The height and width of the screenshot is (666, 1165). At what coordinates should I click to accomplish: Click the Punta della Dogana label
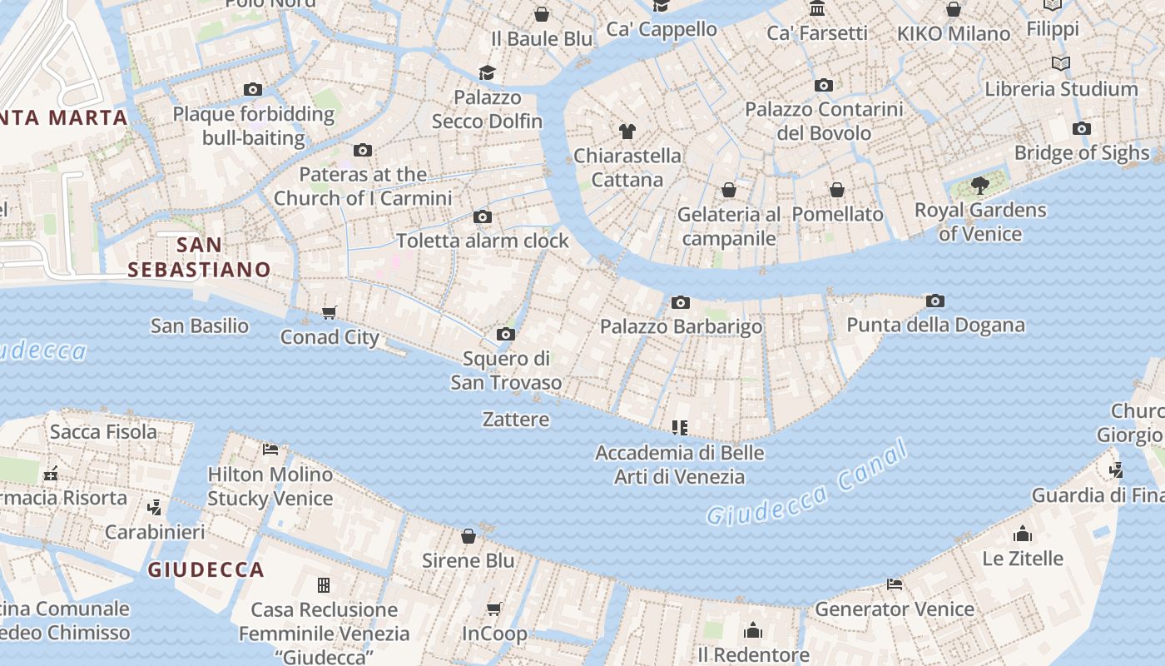(x=935, y=325)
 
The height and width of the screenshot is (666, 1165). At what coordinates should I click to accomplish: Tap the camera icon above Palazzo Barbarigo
(x=681, y=302)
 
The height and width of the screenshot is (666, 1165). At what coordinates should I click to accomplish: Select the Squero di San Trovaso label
(x=506, y=370)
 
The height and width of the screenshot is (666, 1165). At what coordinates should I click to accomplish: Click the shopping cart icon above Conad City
(x=330, y=313)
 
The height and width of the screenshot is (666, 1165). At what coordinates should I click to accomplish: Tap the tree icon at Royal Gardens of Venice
(x=979, y=185)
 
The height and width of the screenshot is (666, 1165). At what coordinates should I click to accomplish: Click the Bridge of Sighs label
(x=1082, y=153)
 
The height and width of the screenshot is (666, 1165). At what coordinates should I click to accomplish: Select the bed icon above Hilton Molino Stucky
(x=270, y=450)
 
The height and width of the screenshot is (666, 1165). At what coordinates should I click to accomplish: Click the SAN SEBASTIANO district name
(x=200, y=256)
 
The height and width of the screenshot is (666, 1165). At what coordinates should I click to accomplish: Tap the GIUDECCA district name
(x=206, y=570)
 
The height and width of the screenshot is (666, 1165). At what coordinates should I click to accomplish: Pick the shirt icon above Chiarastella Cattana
(x=627, y=132)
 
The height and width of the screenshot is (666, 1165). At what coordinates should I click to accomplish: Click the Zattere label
(x=516, y=419)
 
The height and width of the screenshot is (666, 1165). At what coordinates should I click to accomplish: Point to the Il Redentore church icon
(x=753, y=630)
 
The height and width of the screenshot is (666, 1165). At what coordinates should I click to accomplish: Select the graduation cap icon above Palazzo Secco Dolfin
(x=487, y=73)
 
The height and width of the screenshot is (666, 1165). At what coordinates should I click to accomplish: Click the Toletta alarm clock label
(x=483, y=241)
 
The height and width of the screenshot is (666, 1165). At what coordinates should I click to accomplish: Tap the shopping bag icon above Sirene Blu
(x=468, y=536)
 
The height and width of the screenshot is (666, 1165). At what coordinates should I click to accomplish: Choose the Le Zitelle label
(x=1023, y=558)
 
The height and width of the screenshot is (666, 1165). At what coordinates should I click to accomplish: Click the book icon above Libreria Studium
(x=1060, y=64)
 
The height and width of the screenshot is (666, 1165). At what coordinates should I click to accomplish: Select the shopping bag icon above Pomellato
(x=837, y=190)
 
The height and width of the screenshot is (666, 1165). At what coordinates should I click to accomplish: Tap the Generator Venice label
(x=895, y=609)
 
